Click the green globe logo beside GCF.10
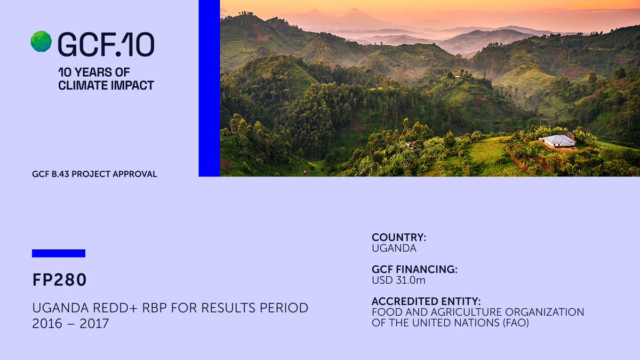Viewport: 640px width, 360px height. pyautogui.click(x=41, y=42)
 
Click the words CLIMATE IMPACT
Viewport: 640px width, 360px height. pyautogui.click(x=106, y=85)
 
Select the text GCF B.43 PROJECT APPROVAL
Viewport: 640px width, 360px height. pyautogui.click(x=94, y=174)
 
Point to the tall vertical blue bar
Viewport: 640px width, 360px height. pyautogui.click(x=209, y=88)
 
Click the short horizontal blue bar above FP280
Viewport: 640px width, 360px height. pyautogui.click(x=59, y=253)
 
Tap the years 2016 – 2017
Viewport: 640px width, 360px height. pyautogui.click(x=70, y=324)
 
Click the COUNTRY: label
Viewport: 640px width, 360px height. pyautogui.click(x=399, y=237)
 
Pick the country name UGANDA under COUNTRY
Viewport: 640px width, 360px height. pyautogui.click(x=394, y=248)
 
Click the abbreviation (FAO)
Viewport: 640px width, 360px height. pyautogui.click(x=514, y=323)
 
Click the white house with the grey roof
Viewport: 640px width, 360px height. pyautogui.click(x=559, y=141)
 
